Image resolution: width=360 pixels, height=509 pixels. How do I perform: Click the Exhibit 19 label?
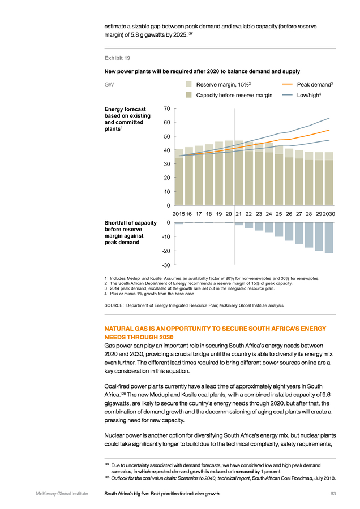pyautogui.click(x=117, y=58)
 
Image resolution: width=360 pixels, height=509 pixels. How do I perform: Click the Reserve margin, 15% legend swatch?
pyautogui.click(x=188, y=84)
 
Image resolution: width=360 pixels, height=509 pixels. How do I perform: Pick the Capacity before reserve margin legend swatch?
pyautogui.click(x=188, y=95)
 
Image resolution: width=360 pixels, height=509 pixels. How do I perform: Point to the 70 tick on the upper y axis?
pyautogui.click(x=166, y=109)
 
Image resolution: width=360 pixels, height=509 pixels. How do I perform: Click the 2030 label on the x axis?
pyautogui.click(x=329, y=214)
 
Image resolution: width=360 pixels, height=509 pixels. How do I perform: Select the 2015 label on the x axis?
pyautogui.click(x=178, y=214)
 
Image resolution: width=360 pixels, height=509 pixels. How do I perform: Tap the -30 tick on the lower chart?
pyautogui.click(x=166, y=265)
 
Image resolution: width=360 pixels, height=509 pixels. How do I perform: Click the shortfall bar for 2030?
pyautogui.click(x=329, y=238)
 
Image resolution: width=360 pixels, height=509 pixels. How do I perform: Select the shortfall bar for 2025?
pyautogui.click(x=278, y=230)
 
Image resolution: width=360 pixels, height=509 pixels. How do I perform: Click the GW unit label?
pyautogui.click(x=109, y=84)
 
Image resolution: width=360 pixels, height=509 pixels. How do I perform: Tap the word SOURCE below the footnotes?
pyautogui.click(x=113, y=305)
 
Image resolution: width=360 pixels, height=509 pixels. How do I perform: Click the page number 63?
pyautogui.click(x=333, y=494)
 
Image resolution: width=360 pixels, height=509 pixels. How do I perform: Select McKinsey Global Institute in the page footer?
pyautogui.click(x=62, y=494)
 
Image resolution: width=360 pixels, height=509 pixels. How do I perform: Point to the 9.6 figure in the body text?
pyautogui.click(x=326, y=395)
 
